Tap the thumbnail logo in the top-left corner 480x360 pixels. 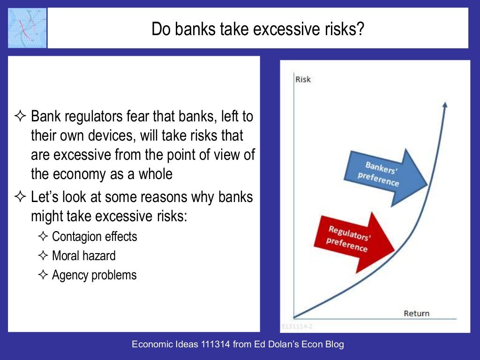click(x=28, y=28)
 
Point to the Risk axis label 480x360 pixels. click(x=303, y=79)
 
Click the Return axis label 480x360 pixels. click(x=416, y=313)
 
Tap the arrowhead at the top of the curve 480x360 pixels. click(x=445, y=104)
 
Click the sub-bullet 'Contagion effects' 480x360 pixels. click(x=94, y=236)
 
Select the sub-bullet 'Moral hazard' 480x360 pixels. click(x=83, y=255)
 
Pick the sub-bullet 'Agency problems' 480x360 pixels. click(x=94, y=275)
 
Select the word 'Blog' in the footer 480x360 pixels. click(x=335, y=345)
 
